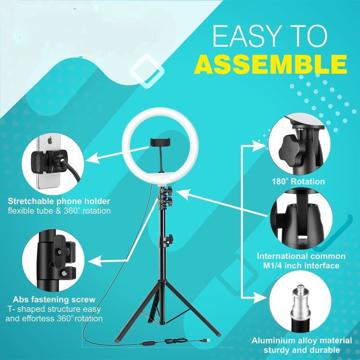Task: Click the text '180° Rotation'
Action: tap(298, 182)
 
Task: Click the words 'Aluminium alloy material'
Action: tap(301, 340)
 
